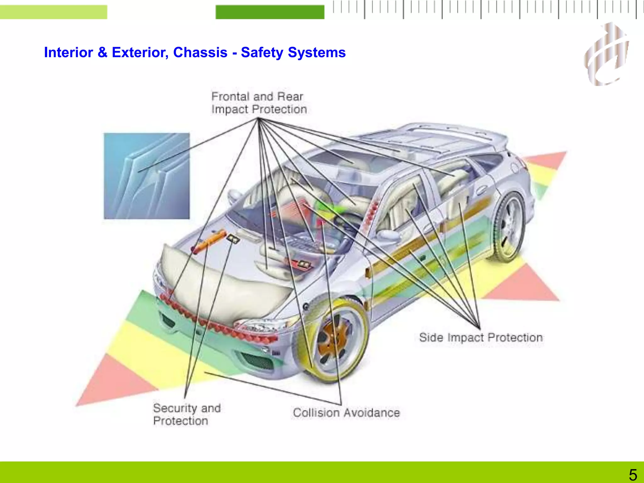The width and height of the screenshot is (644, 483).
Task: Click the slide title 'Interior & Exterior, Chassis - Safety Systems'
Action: pyautogui.click(x=195, y=53)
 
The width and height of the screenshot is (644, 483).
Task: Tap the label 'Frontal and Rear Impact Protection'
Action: pyautogui.click(x=258, y=103)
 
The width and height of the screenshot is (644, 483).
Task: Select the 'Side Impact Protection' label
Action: pyautogui.click(x=480, y=337)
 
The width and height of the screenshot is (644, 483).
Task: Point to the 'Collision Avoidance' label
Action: pyautogui.click(x=346, y=413)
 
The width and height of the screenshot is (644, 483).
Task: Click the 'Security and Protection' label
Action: pyautogui.click(x=186, y=414)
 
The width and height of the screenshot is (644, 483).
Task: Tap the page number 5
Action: pyautogui.click(x=633, y=475)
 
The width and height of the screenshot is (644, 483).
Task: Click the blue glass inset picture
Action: pyautogui.click(x=147, y=176)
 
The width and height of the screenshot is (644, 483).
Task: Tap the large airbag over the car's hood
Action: pyautogui.click(x=220, y=283)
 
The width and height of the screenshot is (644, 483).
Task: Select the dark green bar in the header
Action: pyautogui.click(x=270, y=12)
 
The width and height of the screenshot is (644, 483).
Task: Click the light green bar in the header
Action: pyautogui.click(x=53, y=12)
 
